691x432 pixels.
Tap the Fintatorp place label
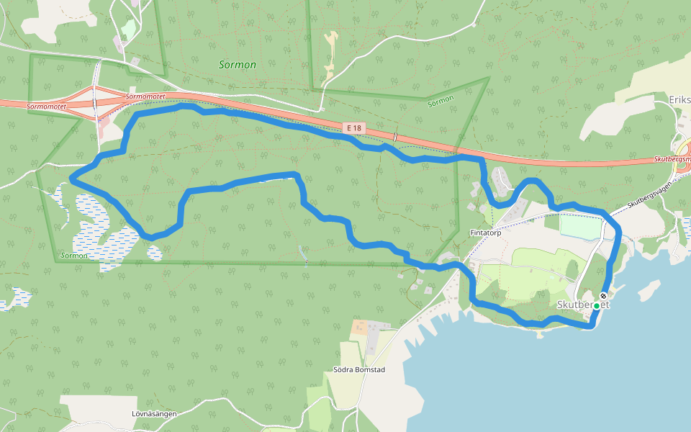point(485,233)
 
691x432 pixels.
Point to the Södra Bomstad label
point(359,370)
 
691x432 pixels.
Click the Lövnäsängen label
point(154,414)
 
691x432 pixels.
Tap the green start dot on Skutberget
point(596,306)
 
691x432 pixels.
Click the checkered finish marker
point(603,296)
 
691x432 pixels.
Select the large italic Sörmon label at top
point(237,65)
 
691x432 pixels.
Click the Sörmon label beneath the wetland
point(74,256)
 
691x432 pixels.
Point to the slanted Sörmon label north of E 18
point(441,100)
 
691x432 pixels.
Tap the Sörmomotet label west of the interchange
point(46,107)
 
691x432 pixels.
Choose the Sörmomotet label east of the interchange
point(146,96)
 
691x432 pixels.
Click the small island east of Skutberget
point(649,290)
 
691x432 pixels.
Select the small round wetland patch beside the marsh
point(155,252)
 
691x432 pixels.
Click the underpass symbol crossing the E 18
point(395,136)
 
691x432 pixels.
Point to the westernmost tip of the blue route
point(71,179)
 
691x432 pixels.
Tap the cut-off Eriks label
point(679,99)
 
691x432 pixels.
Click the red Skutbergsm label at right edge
point(672,159)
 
